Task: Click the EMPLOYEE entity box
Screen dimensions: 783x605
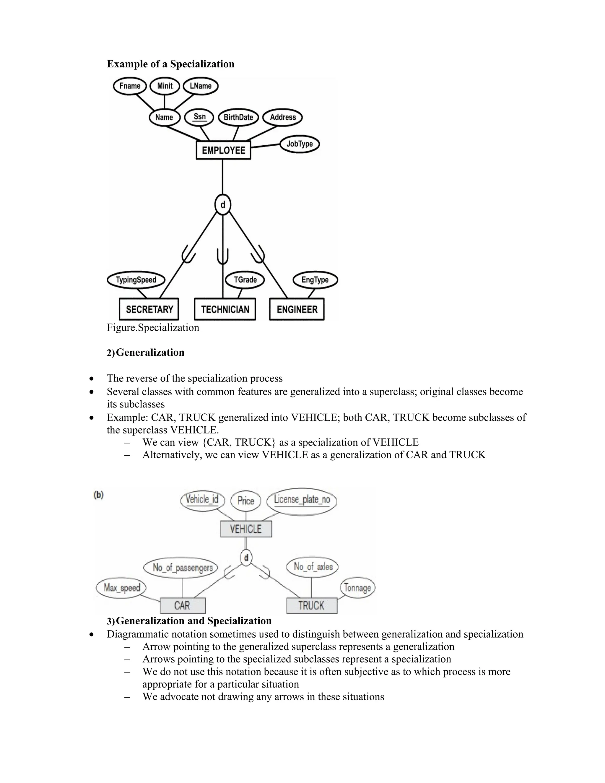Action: pos(223,150)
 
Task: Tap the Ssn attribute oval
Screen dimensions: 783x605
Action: pos(199,117)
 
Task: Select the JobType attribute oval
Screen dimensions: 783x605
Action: pos(299,144)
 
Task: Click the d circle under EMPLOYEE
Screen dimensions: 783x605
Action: pos(222,205)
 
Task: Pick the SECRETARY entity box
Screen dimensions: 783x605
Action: pos(149,309)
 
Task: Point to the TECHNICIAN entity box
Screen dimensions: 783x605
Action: pos(225,309)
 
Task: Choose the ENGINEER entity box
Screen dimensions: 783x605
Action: pos(297,309)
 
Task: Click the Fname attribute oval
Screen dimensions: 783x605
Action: pos(130,86)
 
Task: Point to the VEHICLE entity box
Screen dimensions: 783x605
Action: pos(246,529)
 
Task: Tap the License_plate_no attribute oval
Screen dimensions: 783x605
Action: pos(302,500)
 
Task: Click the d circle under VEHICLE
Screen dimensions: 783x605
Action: pos(246,558)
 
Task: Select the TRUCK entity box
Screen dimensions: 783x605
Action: pos(311,605)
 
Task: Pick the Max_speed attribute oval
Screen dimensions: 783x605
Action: pos(121,588)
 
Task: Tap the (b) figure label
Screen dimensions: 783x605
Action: pos(99,495)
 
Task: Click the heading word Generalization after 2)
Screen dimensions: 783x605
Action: pos(150,352)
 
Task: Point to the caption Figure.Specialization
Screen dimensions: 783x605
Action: pos(153,328)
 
